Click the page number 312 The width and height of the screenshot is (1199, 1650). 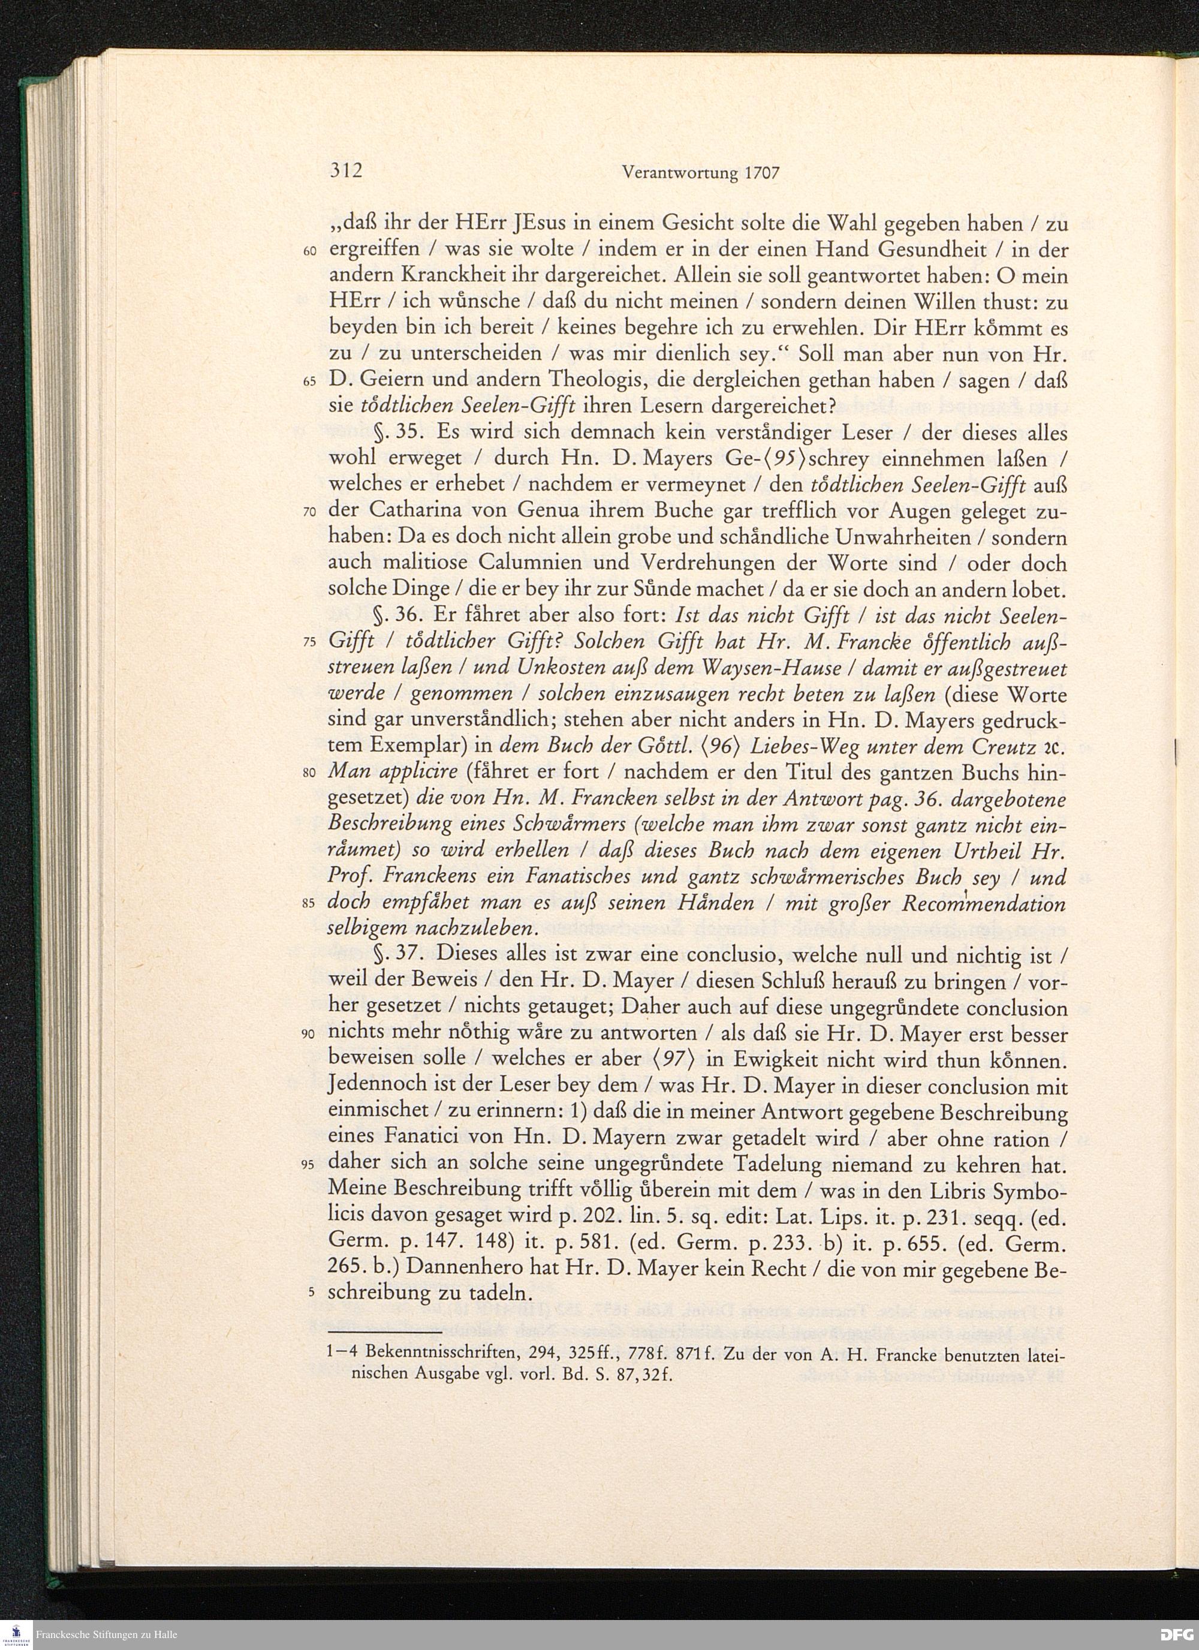(x=345, y=171)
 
